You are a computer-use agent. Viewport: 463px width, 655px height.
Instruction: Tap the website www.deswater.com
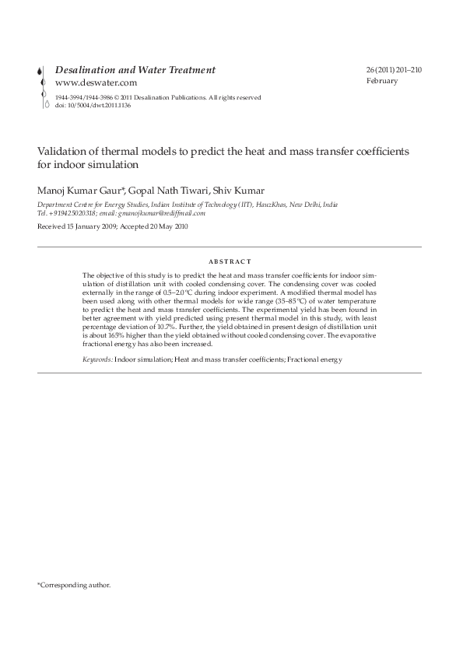tap(96, 82)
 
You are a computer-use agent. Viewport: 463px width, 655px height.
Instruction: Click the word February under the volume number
tap(381, 81)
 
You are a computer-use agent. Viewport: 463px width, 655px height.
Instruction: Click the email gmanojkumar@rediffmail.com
tap(163, 212)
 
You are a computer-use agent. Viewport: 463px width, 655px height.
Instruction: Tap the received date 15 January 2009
tap(92, 227)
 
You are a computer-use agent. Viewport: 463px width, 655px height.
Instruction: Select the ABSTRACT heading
tap(231, 262)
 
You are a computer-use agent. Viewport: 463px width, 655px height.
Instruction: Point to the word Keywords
tap(97, 359)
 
